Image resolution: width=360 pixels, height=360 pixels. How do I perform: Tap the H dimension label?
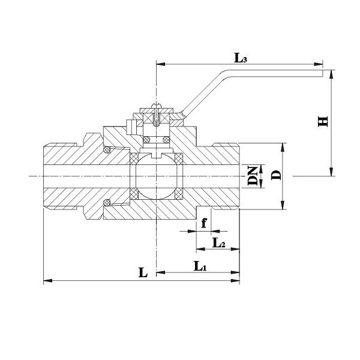point(323,121)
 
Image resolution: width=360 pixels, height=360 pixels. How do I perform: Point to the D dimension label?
point(276,175)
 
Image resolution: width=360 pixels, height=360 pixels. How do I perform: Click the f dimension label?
point(205,223)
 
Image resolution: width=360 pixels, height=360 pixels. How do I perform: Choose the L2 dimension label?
point(219,242)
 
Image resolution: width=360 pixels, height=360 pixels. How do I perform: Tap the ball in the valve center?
point(157,176)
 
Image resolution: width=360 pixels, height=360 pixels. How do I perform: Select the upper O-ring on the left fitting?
point(109,148)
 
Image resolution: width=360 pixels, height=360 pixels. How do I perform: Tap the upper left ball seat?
point(136,158)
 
